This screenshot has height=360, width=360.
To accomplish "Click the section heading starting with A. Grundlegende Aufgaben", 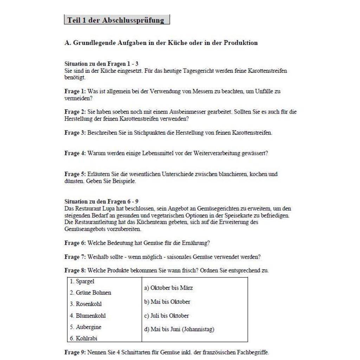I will click(161, 43).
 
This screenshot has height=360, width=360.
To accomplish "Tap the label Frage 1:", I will click(75, 91).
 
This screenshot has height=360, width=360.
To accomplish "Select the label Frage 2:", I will click(75, 112).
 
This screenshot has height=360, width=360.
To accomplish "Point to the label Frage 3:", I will click(75, 133).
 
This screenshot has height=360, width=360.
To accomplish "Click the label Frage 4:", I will click(75, 153).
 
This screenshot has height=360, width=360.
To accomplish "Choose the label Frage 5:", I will click(75, 174).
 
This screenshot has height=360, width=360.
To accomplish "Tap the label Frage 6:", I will click(75, 243).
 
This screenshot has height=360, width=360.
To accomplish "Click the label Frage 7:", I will click(75, 257).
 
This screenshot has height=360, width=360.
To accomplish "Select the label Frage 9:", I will click(75, 352).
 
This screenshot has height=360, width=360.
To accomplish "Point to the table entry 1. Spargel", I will click(82, 282).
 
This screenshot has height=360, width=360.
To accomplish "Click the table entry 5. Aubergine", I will click(85, 327).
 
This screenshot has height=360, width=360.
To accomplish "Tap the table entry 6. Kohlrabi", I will click(83, 338).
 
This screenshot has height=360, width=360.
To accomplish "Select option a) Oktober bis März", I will click(168, 288).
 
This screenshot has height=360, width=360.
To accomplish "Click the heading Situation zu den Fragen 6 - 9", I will click(101, 202).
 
